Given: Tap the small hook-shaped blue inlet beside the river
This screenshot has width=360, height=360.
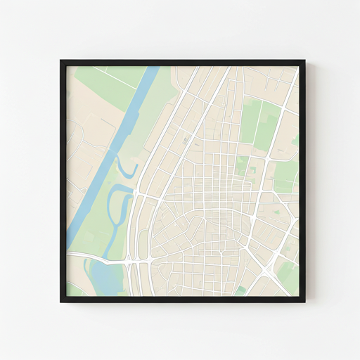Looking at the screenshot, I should click(124, 169).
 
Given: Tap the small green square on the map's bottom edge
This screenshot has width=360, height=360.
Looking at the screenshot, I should click(241, 290).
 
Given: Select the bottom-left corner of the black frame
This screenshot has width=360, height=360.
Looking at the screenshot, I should click(62, 301).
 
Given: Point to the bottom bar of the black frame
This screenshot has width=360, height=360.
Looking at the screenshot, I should click(183, 300).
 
